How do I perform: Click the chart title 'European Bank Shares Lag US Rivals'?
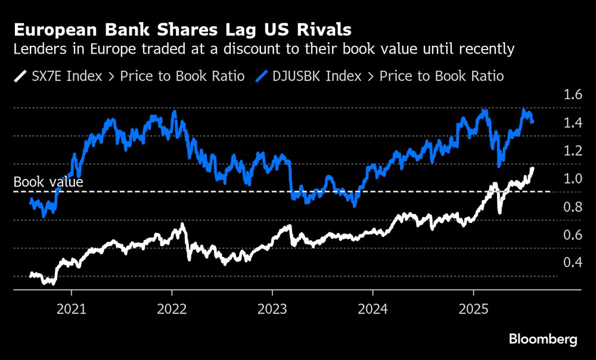point(182,29)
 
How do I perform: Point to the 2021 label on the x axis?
point(71,310)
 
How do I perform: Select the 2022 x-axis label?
point(172,310)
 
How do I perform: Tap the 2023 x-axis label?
point(272,310)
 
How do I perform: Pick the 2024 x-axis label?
point(372,310)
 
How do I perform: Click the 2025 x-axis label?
point(473,310)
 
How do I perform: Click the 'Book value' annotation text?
point(48,182)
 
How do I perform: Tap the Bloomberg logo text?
point(543,339)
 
